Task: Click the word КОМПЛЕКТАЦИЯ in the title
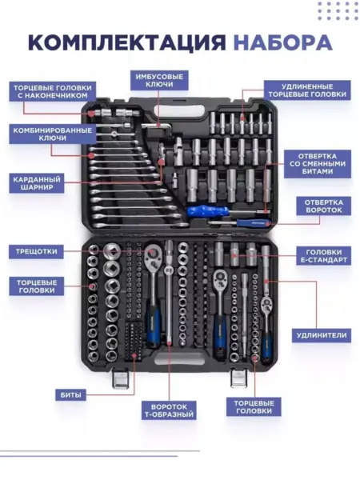tap(127, 42)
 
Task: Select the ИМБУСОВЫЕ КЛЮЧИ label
tap(159, 81)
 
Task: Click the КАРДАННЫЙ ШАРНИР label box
tap(37, 183)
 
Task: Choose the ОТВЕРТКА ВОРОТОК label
tap(323, 206)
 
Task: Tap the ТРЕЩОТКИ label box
tap(37, 252)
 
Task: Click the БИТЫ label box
tap(70, 395)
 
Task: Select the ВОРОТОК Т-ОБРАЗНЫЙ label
tap(169, 411)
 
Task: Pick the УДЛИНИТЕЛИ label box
tap(322, 335)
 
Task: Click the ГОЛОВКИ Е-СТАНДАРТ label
tap(323, 256)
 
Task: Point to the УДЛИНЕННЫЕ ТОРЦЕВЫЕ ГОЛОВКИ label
tap(307, 90)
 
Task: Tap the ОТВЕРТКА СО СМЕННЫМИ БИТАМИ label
tap(317, 164)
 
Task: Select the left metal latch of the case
tap(120, 378)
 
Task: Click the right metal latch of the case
tap(238, 378)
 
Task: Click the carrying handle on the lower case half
tap(179, 358)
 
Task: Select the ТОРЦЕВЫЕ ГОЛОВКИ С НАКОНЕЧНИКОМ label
tap(52, 91)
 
